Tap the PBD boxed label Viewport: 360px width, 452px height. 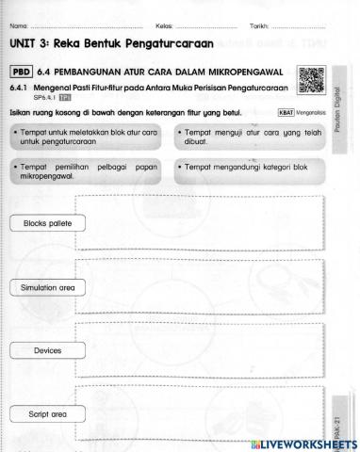pos(24,71)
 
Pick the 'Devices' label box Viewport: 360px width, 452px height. pos(47,349)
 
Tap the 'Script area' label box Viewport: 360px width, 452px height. pos(47,412)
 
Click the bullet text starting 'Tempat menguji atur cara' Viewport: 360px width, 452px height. pos(237,140)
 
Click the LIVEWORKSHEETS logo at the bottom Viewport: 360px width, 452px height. pos(307,442)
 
